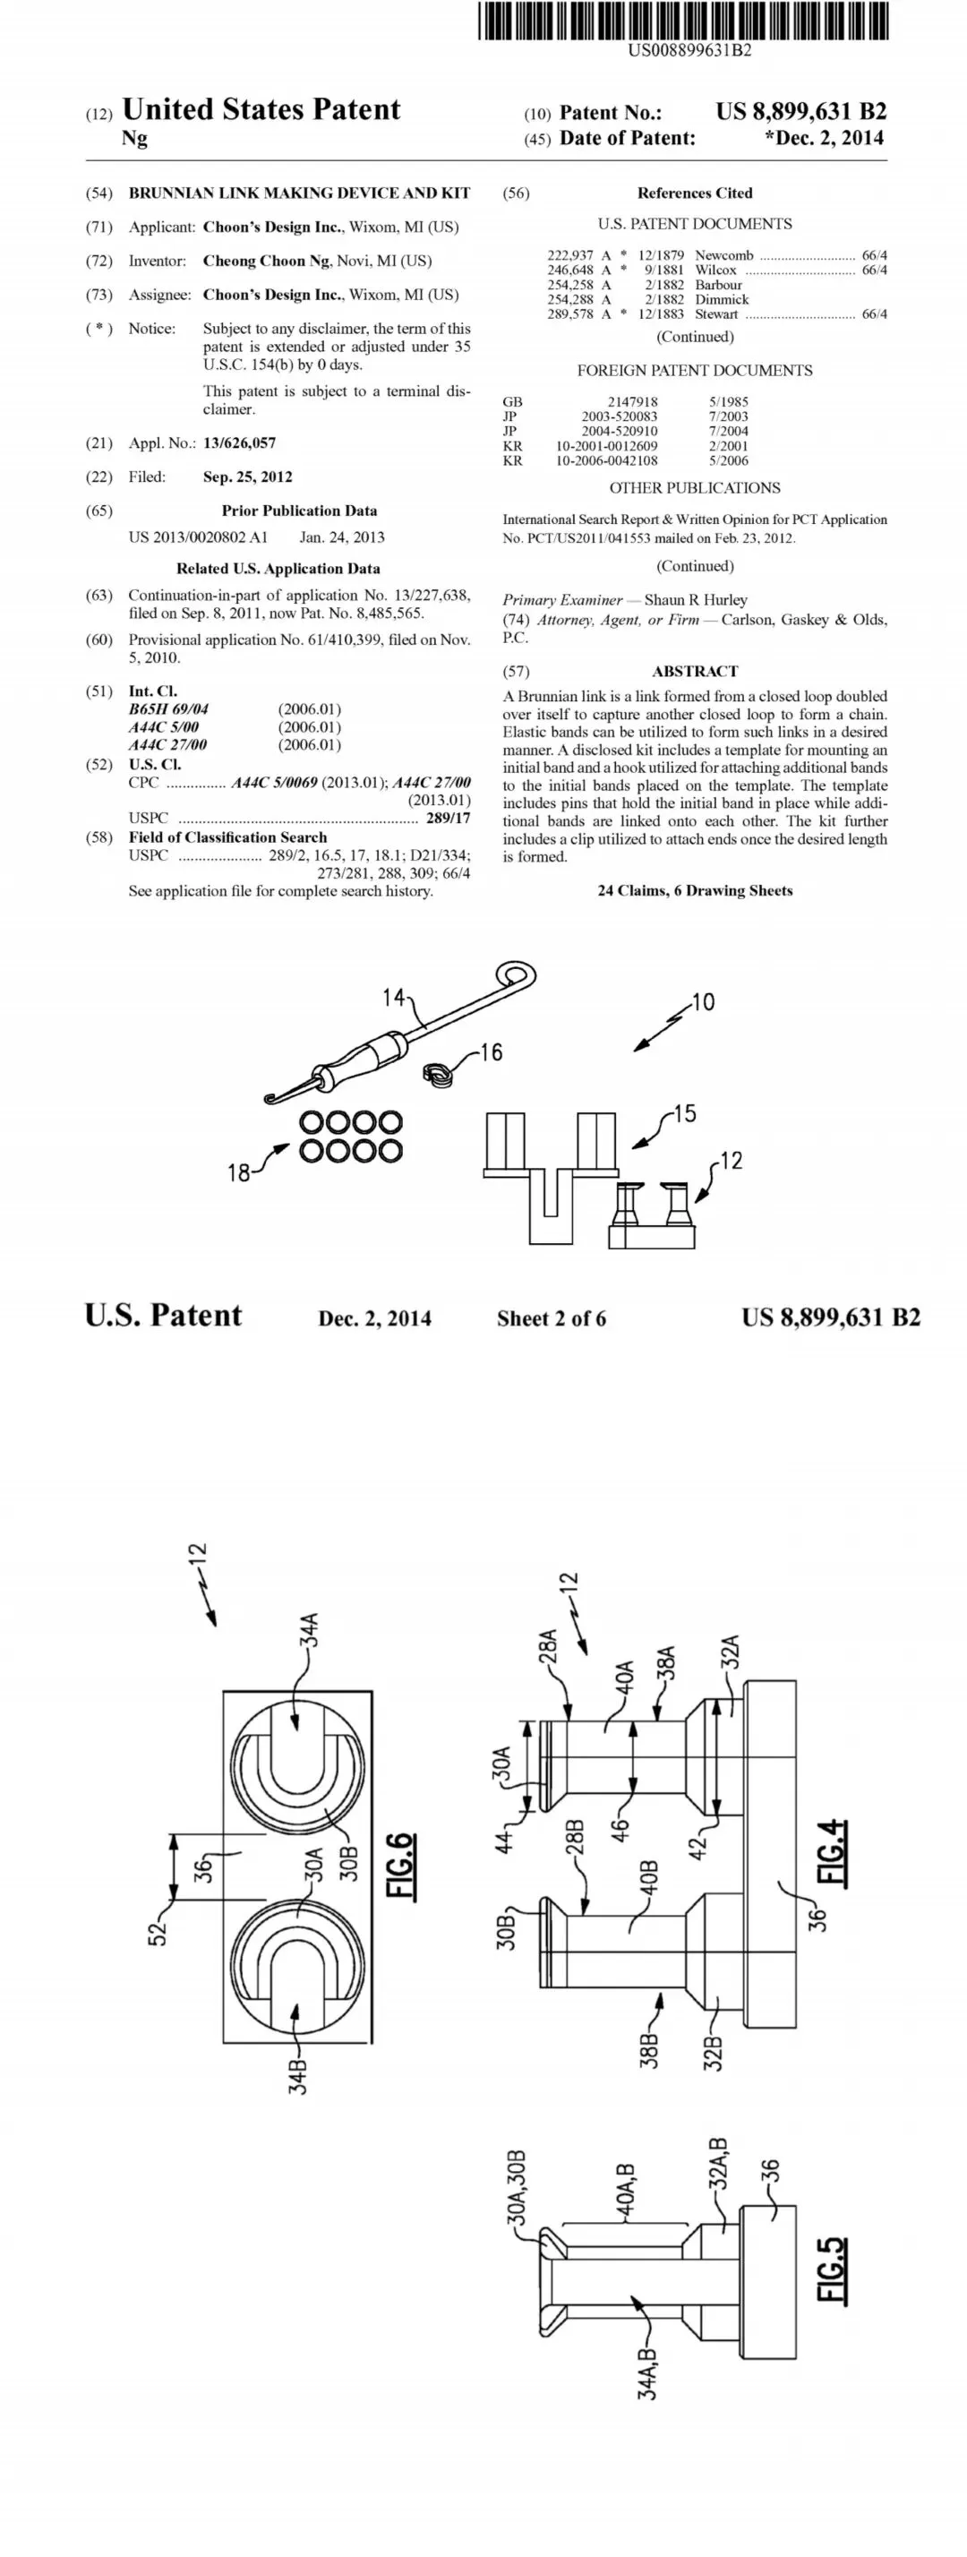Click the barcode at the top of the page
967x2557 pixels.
coord(683,21)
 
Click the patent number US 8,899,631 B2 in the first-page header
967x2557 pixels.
coord(801,111)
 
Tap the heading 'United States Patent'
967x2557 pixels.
coord(261,109)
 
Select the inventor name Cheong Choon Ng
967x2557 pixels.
coord(266,261)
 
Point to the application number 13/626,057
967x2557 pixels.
coord(239,442)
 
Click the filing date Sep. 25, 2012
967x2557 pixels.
coord(247,476)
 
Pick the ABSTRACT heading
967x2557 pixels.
coord(695,671)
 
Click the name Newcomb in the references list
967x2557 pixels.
coord(723,255)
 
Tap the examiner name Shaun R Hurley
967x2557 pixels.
coord(696,599)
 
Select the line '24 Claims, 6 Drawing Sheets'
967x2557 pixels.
coord(695,890)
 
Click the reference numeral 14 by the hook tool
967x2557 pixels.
coord(394,997)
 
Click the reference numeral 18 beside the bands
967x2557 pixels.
coord(238,1172)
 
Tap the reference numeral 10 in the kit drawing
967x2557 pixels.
coord(703,1001)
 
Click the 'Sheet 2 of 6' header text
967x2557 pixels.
coord(551,1318)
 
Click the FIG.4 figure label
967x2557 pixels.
coord(832,1852)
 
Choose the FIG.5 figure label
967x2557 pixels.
coord(832,2270)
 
